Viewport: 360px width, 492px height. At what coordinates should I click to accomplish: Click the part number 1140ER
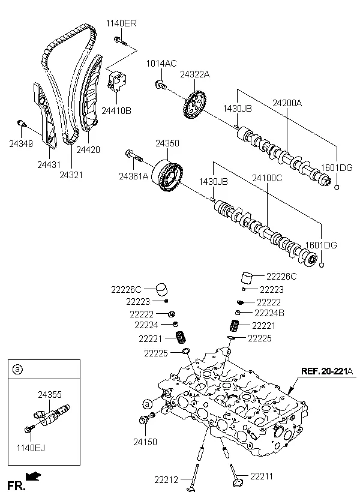[x=122, y=23]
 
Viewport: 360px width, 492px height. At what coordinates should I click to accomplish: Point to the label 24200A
[x=287, y=103]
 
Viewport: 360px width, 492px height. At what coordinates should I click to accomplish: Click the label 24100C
[x=267, y=178]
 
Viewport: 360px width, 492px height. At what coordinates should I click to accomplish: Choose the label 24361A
[x=133, y=176]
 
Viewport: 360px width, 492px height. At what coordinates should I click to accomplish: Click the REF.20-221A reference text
[x=326, y=370]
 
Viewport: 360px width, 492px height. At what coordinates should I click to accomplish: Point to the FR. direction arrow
[x=35, y=476]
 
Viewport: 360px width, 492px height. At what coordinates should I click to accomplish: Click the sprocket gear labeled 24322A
[x=194, y=106]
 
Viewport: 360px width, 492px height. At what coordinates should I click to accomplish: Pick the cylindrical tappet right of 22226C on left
[x=159, y=289]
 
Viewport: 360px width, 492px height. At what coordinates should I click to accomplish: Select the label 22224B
[x=269, y=313]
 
